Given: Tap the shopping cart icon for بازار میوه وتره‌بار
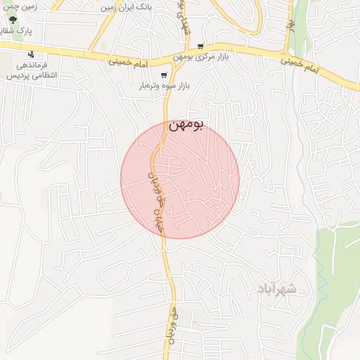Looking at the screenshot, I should point(164,75).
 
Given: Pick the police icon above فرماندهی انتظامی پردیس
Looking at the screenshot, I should point(30,54).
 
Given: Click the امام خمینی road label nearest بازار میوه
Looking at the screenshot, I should point(129,63).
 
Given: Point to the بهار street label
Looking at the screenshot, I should point(289,25).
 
